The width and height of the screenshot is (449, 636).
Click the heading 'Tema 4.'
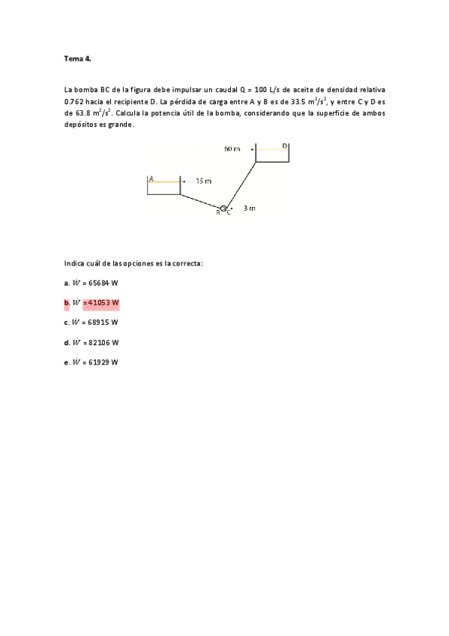pyautogui.click(x=77, y=58)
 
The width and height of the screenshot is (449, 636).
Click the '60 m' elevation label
pyautogui.click(x=232, y=148)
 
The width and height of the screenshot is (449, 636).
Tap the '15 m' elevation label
pyautogui.click(x=203, y=181)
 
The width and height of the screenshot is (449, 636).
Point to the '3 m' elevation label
pyautogui.click(x=249, y=208)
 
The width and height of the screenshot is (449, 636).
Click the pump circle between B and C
pyautogui.click(x=223, y=208)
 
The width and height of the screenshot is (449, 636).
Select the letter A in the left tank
pyautogui.click(x=151, y=178)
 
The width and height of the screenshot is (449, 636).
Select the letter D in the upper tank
pyautogui.click(x=285, y=145)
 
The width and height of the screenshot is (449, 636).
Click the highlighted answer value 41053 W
pyautogui.click(x=100, y=303)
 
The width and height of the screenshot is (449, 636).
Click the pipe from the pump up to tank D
pyautogui.click(x=242, y=184)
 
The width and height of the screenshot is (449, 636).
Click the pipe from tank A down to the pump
pyautogui.click(x=200, y=201)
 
